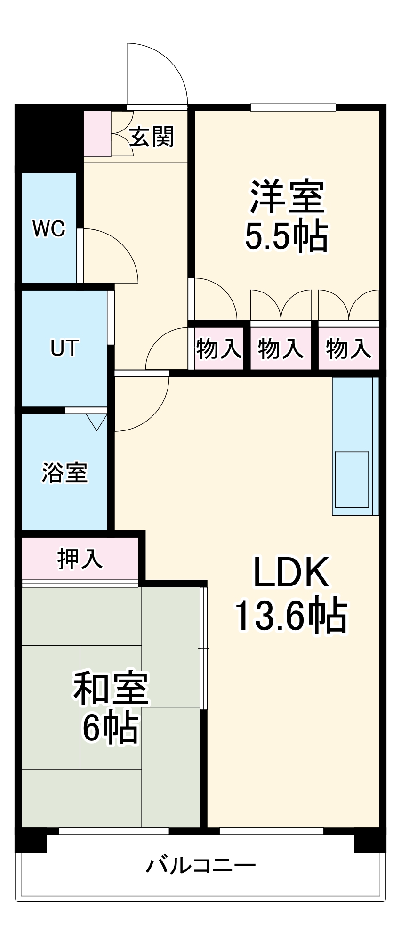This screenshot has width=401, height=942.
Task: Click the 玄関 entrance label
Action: coord(152,137)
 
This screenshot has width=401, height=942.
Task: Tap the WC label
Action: coord(48,229)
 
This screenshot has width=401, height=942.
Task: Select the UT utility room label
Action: coord(64,348)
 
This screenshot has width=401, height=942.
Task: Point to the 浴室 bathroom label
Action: coord(64,472)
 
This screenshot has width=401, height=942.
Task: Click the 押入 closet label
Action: coord(80,559)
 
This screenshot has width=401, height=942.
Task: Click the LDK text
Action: coord(291,572)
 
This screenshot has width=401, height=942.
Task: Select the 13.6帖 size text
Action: coord(291,615)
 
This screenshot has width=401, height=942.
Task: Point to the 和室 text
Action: coord(111,688)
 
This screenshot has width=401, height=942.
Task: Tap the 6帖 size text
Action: coord(110,728)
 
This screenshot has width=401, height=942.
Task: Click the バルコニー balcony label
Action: coord(200,865)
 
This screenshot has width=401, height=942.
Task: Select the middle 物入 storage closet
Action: coord(281,349)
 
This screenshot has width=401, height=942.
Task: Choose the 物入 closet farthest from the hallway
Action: coord(348,349)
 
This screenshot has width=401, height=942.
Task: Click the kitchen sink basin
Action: coord(352,479)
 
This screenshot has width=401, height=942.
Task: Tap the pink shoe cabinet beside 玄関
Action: coord(97,134)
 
